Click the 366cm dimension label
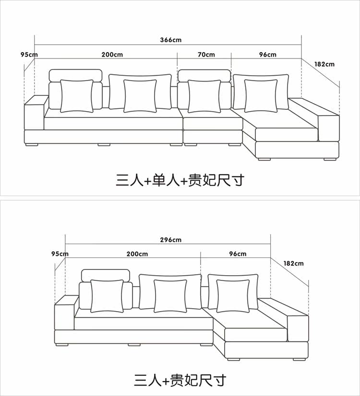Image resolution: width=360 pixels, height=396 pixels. pyautogui.click(x=171, y=40)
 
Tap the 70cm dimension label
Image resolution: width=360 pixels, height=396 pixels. pyautogui.click(x=206, y=54)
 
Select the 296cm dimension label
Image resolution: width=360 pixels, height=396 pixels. pyautogui.click(x=171, y=240)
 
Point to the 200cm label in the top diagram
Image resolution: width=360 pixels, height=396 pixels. pyautogui.click(x=112, y=54)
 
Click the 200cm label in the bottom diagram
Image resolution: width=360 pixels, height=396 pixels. pyautogui.click(x=137, y=254)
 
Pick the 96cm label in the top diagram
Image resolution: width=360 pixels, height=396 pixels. pyautogui.click(x=268, y=54)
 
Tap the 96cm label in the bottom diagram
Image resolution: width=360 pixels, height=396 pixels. pyautogui.click(x=238, y=254)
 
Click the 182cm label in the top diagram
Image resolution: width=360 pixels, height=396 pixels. pyautogui.click(x=324, y=64)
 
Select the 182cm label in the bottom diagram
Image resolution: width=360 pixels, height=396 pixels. pyautogui.click(x=293, y=263)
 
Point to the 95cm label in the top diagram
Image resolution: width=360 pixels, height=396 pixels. pyautogui.click(x=29, y=54)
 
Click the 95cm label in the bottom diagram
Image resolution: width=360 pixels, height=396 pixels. pyautogui.click(x=60, y=254)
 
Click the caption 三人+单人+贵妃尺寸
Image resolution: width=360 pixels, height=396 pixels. pyautogui.click(x=180, y=180)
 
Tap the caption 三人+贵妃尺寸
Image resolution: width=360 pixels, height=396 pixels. pyautogui.click(x=180, y=380)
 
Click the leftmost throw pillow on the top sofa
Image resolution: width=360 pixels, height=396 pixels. pyautogui.click(x=77, y=96)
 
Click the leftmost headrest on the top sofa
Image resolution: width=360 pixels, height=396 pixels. pyautogui.click(x=76, y=75)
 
